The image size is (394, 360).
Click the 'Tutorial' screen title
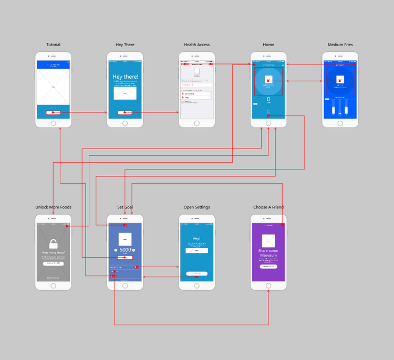pos(53,45)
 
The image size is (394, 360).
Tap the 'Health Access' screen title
pos(196,45)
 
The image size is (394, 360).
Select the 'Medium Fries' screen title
pos(340,45)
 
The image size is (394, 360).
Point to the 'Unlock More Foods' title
pos(53,207)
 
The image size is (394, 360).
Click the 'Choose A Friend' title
pos(268,207)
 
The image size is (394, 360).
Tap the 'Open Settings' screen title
pos(196,207)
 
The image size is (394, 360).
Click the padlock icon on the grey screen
pos(53,243)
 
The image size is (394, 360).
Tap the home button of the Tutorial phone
pos(53,123)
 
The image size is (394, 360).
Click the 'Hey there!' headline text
pos(125,77)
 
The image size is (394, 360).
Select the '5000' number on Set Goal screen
pos(125,250)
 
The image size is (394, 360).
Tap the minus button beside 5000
pos(116,250)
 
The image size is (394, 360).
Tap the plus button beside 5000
pos(134,250)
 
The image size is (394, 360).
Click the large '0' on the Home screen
pos(268,99)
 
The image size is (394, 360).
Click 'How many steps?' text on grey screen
pos(53,253)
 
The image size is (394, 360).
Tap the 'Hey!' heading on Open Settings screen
pos(196,238)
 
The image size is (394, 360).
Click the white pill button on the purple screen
pos(268,267)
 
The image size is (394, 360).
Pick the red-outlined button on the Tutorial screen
pos(53,112)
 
